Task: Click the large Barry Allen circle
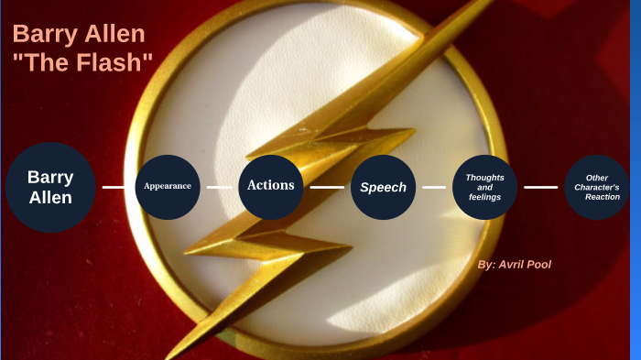(x=50, y=187)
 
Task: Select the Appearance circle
(x=168, y=186)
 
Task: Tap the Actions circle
(x=271, y=186)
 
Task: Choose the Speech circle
(x=383, y=187)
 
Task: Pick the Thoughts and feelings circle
(x=485, y=187)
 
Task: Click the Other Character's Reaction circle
(x=596, y=187)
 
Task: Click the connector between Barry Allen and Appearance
(x=114, y=187)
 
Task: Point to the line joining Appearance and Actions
(x=219, y=187)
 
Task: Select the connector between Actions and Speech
(x=327, y=187)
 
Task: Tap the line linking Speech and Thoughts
(x=434, y=187)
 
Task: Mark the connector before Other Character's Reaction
(x=540, y=187)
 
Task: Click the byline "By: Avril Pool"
(x=515, y=264)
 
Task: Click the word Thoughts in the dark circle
(x=485, y=177)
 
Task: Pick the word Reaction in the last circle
(x=602, y=197)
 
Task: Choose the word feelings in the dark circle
(x=485, y=197)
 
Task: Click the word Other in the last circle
(x=597, y=178)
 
